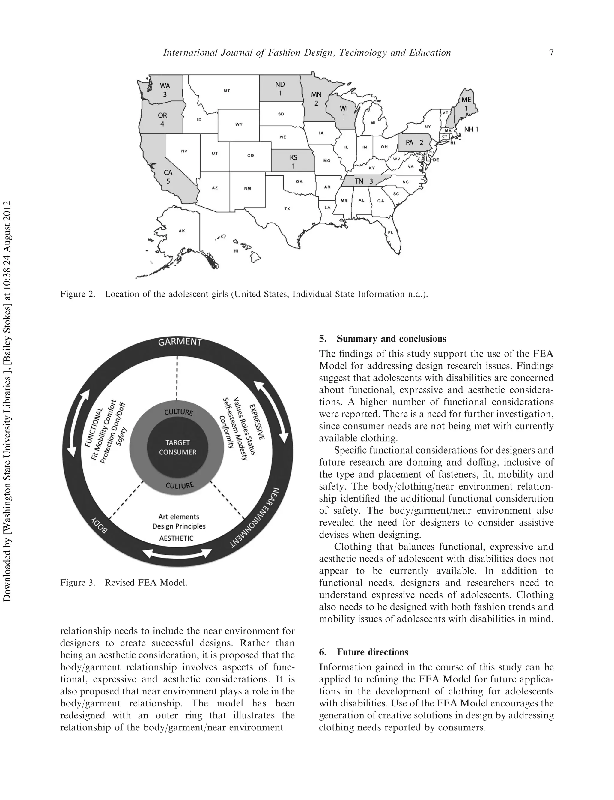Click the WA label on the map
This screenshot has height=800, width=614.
(x=165, y=86)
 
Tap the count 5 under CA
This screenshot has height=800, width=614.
(x=168, y=181)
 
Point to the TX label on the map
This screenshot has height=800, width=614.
(x=287, y=209)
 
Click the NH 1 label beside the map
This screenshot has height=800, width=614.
(x=471, y=129)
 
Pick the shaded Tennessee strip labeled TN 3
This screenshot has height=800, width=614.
(x=364, y=181)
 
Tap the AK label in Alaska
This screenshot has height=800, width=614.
(x=182, y=231)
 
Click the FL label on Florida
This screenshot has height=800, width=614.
(x=391, y=232)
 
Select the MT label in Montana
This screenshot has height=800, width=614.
(x=227, y=90)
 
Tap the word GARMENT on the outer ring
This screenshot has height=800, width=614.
(x=180, y=342)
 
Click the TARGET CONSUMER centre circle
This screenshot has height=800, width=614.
(x=177, y=447)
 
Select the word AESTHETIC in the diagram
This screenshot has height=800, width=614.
(x=176, y=538)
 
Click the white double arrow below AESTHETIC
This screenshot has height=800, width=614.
(x=177, y=553)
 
